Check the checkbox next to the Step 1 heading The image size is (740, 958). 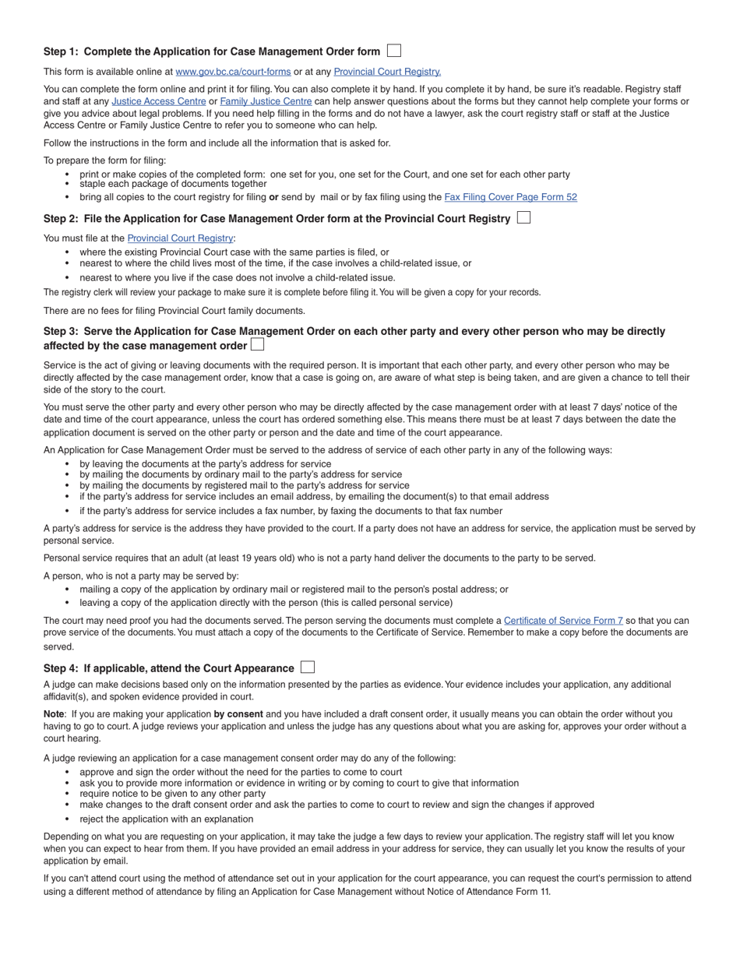point(394,51)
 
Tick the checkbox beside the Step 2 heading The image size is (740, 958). point(523,218)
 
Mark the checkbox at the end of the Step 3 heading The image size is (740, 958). point(257,345)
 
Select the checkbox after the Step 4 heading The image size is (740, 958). point(308,667)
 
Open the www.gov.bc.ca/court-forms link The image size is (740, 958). point(233,72)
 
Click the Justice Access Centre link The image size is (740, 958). point(159,101)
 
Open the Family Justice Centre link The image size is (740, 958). point(266,101)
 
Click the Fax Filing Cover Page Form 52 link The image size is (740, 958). point(510,197)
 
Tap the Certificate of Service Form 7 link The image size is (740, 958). point(563,621)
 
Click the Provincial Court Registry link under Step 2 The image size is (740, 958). point(180,238)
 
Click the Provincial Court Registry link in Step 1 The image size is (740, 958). point(387,72)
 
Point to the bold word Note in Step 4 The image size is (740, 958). point(54,714)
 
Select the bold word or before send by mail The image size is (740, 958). point(273,197)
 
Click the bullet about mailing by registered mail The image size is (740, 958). point(244,485)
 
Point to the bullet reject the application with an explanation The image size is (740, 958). point(166,819)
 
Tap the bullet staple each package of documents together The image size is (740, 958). point(173,185)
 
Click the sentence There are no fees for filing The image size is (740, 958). point(174,311)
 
